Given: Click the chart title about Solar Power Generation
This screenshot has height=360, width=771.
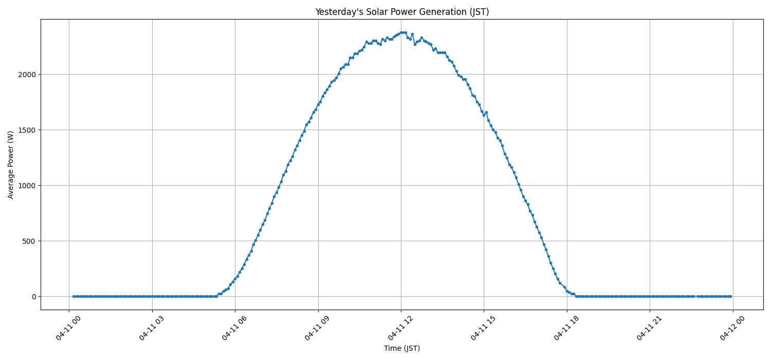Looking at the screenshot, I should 402,12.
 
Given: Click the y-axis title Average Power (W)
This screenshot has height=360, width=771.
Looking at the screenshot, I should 11,165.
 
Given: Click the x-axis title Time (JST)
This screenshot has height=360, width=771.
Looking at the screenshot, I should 402,348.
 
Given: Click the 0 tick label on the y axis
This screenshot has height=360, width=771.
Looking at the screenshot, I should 34,297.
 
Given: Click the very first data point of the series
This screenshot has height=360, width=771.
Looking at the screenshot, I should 74,296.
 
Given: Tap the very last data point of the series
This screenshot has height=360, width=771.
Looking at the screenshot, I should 730,296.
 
